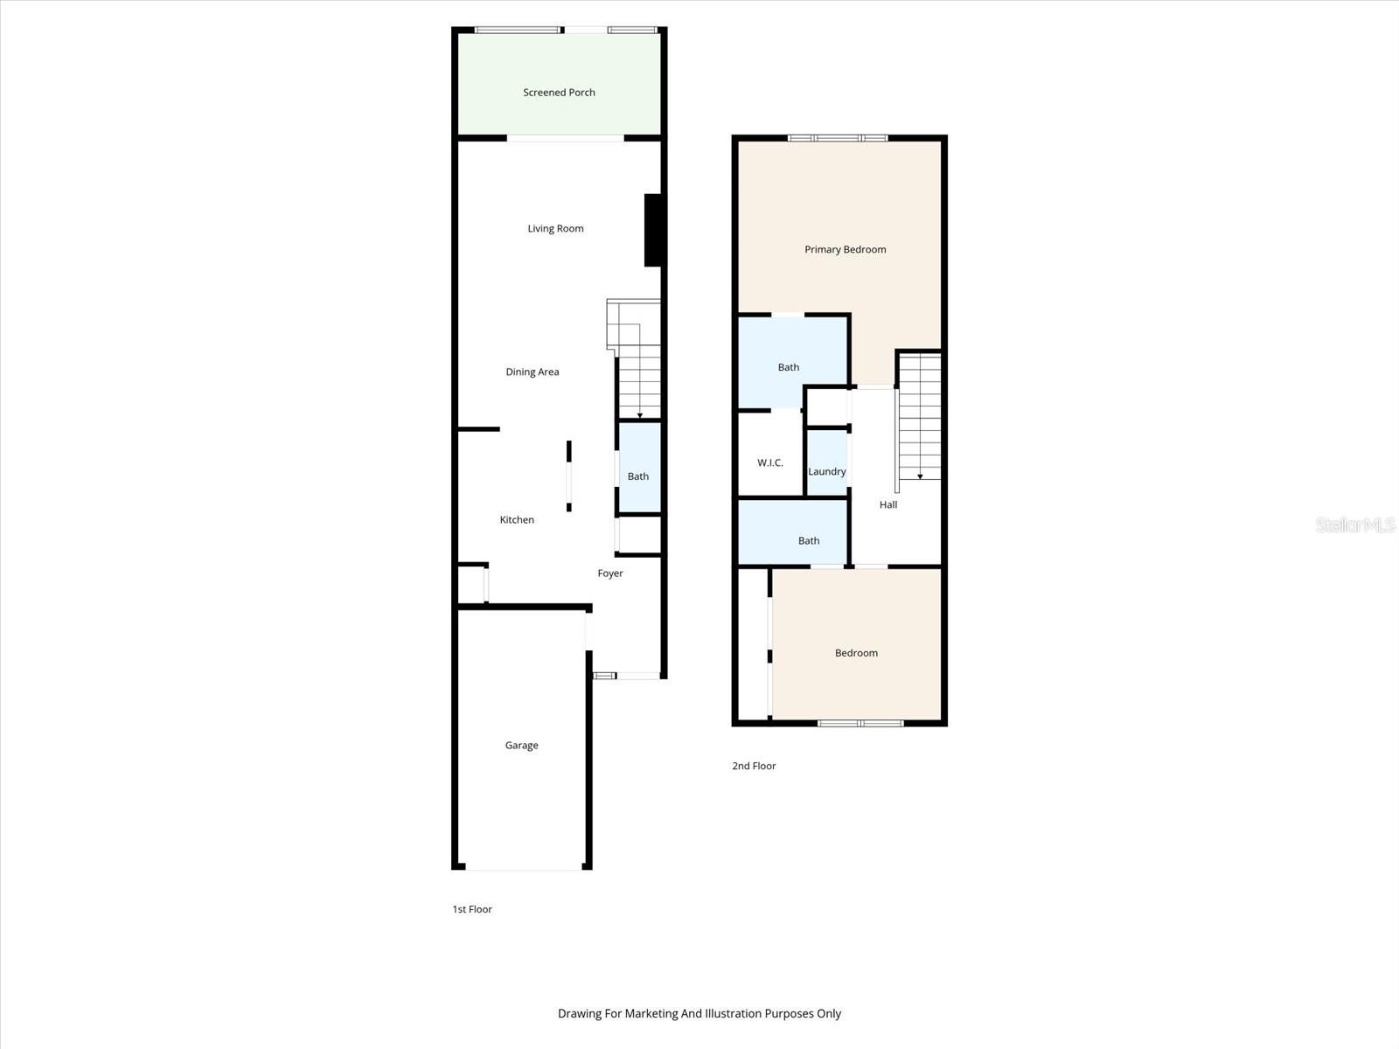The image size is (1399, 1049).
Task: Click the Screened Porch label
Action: click(x=559, y=93)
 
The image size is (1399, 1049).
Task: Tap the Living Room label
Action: click(x=555, y=229)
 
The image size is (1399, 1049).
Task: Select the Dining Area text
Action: click(x=532, y=372)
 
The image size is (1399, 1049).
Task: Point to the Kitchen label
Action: click(x=517, y=520)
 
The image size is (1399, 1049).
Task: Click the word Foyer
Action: click(x=610, y=573)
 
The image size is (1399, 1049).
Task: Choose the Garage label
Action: click(x=521, y=745)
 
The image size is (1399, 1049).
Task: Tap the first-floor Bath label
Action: click(x=638, y=476)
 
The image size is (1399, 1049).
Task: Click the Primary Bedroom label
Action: click(x=846, y=250)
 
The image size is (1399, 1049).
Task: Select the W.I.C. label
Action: click(x=770, y=463)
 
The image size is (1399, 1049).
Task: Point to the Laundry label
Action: click(x=826, y=472)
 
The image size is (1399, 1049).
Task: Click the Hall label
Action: click(x=887, y=505)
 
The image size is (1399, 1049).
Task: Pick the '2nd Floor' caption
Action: click(x=754, y=767)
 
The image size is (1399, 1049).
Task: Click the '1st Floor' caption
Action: click(x=471, y=909)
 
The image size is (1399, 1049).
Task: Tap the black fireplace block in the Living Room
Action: click(x=652, y=230)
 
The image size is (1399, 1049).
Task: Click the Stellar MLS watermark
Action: click(x=1355, y=524)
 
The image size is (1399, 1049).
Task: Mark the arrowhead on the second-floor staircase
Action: click(x=920, y=476)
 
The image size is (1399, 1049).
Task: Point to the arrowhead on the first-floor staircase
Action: click(x=639, y=416)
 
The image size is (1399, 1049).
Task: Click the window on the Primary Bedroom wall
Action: click(x=838, y=138)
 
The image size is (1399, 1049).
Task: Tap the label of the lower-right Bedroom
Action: click(x=856, y=653)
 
